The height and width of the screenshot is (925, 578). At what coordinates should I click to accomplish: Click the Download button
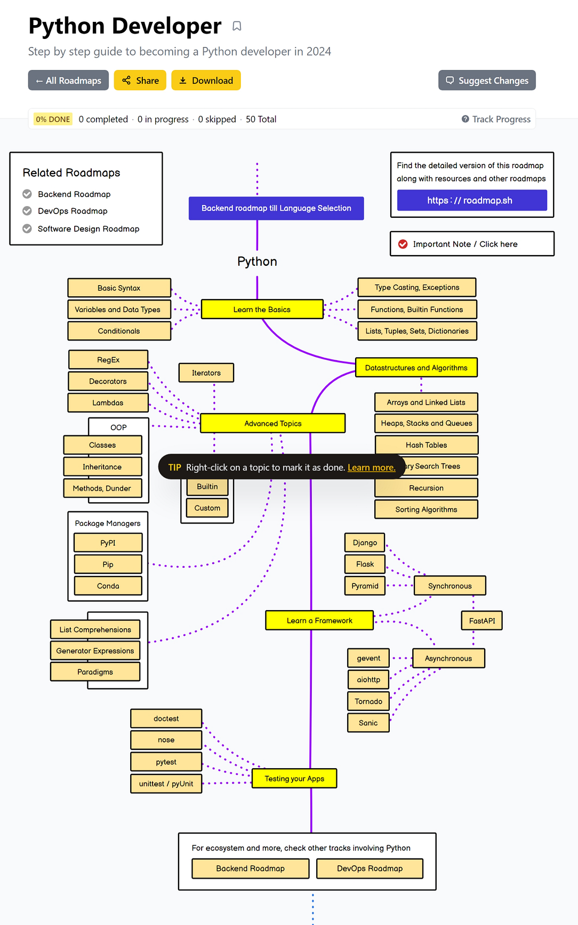pyautogui.click(x=206, y=81)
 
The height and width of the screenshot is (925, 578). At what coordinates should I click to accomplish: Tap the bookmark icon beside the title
pyautogui.click(x=237, y=26)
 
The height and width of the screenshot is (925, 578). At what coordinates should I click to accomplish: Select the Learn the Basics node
pyautogui.click(x=262, y=310)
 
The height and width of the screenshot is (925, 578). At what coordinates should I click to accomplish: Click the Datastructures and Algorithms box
pyautogui.click(x=416, y=368)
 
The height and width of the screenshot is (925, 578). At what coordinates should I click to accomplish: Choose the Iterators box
pyautogui.click(x=206, y=373)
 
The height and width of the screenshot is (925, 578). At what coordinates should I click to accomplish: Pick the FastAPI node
pyautogui.click(x=481, y=621)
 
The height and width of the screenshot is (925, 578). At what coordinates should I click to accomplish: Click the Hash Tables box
pyautogui.click(x=426, y=445)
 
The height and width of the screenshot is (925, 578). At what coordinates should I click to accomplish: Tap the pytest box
pyautogui.click(x=166, y=762)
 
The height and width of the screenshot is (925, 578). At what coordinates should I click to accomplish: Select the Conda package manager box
pyautogui.click(x=108, y=586)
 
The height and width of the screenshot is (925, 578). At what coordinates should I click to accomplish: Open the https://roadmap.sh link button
pyautogui.click(x=471, y=201)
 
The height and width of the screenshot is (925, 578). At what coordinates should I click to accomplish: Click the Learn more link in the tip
pyautogui.click(x=371, y=468)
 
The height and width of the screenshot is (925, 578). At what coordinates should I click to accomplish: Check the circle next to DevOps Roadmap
pyautogui.click(x=27, y=211)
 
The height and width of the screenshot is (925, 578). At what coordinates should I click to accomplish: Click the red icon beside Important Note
pyautogui.click(x=403, y=244)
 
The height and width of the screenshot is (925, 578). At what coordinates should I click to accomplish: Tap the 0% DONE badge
pyautogui.click(x=53, y=119)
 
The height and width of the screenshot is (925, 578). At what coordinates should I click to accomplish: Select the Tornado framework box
pyautogui.click(x=368, y=701)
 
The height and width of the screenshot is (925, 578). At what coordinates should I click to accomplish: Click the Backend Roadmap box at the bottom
pyautogui.click(x=250, y=868)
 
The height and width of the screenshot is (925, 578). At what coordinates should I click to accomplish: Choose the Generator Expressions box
pyautogui.click(x=95, y=651)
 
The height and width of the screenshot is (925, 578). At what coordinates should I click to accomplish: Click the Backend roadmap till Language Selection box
pyautogui.click(x=276, y=208)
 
